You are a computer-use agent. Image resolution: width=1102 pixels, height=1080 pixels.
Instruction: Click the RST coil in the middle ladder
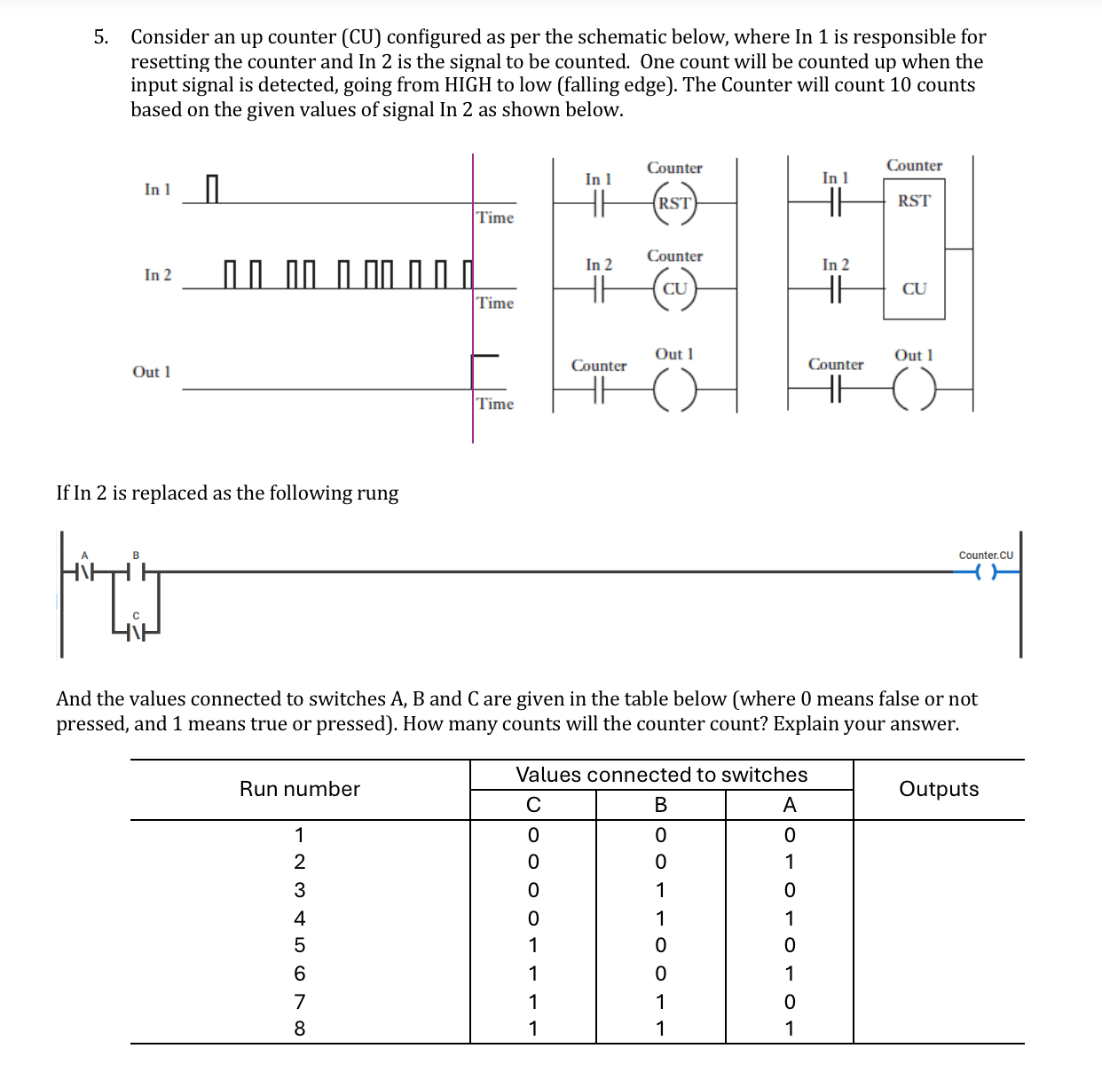pyautogui.click(x=674, y=203)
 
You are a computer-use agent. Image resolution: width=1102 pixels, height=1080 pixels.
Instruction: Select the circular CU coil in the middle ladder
pyautogui.click(x=675, y=288)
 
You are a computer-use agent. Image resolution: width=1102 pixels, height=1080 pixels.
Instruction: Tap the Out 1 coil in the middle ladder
pyautogui.click(x=675, y=389)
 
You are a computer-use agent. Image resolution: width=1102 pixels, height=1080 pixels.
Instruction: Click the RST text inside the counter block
pyautogui.click(x=914, y=201)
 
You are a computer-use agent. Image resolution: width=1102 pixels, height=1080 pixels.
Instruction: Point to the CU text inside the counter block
pyautogui.click(x=914, y=288)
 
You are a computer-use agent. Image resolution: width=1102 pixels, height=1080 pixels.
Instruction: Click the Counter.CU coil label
pyautogui.click(x=986, y=556)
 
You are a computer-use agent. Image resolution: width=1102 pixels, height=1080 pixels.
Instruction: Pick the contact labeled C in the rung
pyautogui.click(x=136, y=633)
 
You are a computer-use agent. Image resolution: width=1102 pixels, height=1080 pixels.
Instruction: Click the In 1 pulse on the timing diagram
pyautogui.click(x=211, y=188)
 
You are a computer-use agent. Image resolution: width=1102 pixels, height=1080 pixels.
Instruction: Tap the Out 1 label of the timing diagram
pyautogui.click(x=152, y=372)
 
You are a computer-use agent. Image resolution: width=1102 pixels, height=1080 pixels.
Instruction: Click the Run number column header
pyautogui.click(x=300, y=789)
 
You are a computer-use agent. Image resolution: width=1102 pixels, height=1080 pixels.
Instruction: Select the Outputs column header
pyautogui.click(x=939, y=789)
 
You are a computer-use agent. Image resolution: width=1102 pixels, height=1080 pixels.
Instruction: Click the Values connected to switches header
pyautogui.click(x=662, y=775)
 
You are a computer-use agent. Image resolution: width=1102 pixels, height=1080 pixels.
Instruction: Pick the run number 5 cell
pyautogui.click(x=300, y=945)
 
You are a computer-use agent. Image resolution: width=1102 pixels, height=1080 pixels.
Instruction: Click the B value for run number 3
pyautogui.click(x=660, y=890)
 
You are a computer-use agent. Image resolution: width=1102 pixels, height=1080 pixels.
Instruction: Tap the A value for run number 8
pyautogui.click(x=790, y=1029)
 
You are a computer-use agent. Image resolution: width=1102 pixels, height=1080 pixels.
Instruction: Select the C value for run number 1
pyautogui.click(x=532, y=835)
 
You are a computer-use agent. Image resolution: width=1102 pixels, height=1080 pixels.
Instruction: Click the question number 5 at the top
pyautogui.click(x=101, y=37)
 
